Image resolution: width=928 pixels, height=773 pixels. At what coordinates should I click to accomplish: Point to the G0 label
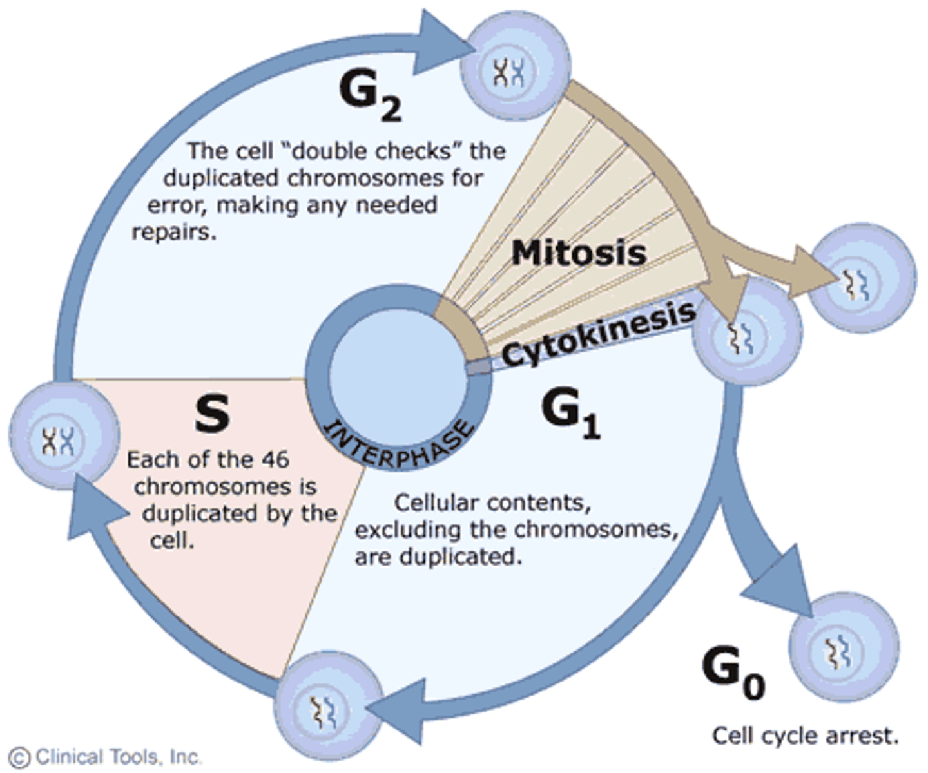point(733,673)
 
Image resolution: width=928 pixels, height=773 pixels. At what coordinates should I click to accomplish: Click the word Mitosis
point(578,253)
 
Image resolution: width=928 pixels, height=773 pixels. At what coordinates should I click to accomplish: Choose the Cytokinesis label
point(599,334)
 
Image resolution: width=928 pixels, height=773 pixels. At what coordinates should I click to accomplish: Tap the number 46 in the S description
point(275,460)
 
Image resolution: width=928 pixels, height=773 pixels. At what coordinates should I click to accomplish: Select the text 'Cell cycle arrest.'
point(805,736)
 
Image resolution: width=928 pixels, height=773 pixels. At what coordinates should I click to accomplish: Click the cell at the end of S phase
point(63,436)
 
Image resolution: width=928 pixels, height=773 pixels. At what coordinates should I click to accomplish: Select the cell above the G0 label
point(844,648)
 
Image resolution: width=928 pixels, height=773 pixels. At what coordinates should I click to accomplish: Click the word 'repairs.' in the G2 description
point(174,232)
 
